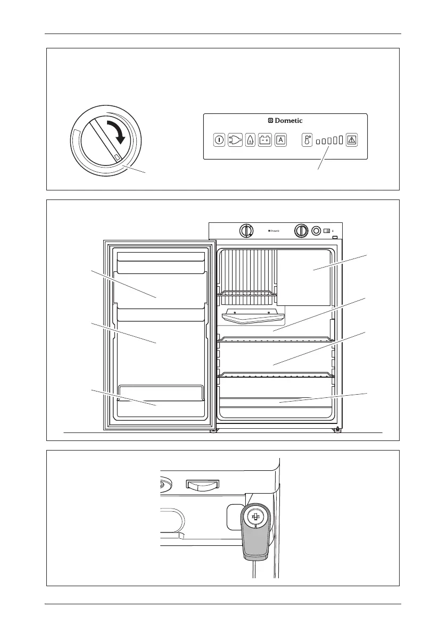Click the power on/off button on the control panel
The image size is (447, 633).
click(x=219, y=140)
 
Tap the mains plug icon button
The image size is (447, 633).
click(x=235, y=140)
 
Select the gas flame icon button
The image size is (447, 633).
click(x=250, y=140)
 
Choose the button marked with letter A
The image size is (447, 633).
click(x=280, y=140)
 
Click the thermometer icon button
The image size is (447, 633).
click(x=307, y=140)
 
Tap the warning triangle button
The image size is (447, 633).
click(x=352, y=140)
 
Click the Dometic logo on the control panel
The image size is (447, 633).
click(x=285, y=121)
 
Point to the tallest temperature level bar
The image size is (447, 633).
click(x=341, y=140)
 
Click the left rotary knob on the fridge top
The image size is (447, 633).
click(x=245, y=230)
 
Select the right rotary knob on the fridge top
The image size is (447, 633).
click(x=301, y=230)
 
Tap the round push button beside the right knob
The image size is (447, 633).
click(x=316, y=230)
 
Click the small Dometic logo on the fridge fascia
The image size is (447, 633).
click(x=274, y=231)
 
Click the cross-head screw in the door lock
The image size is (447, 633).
click(x=255, y=518)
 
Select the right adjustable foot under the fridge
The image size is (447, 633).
click(x=337, y=429)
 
